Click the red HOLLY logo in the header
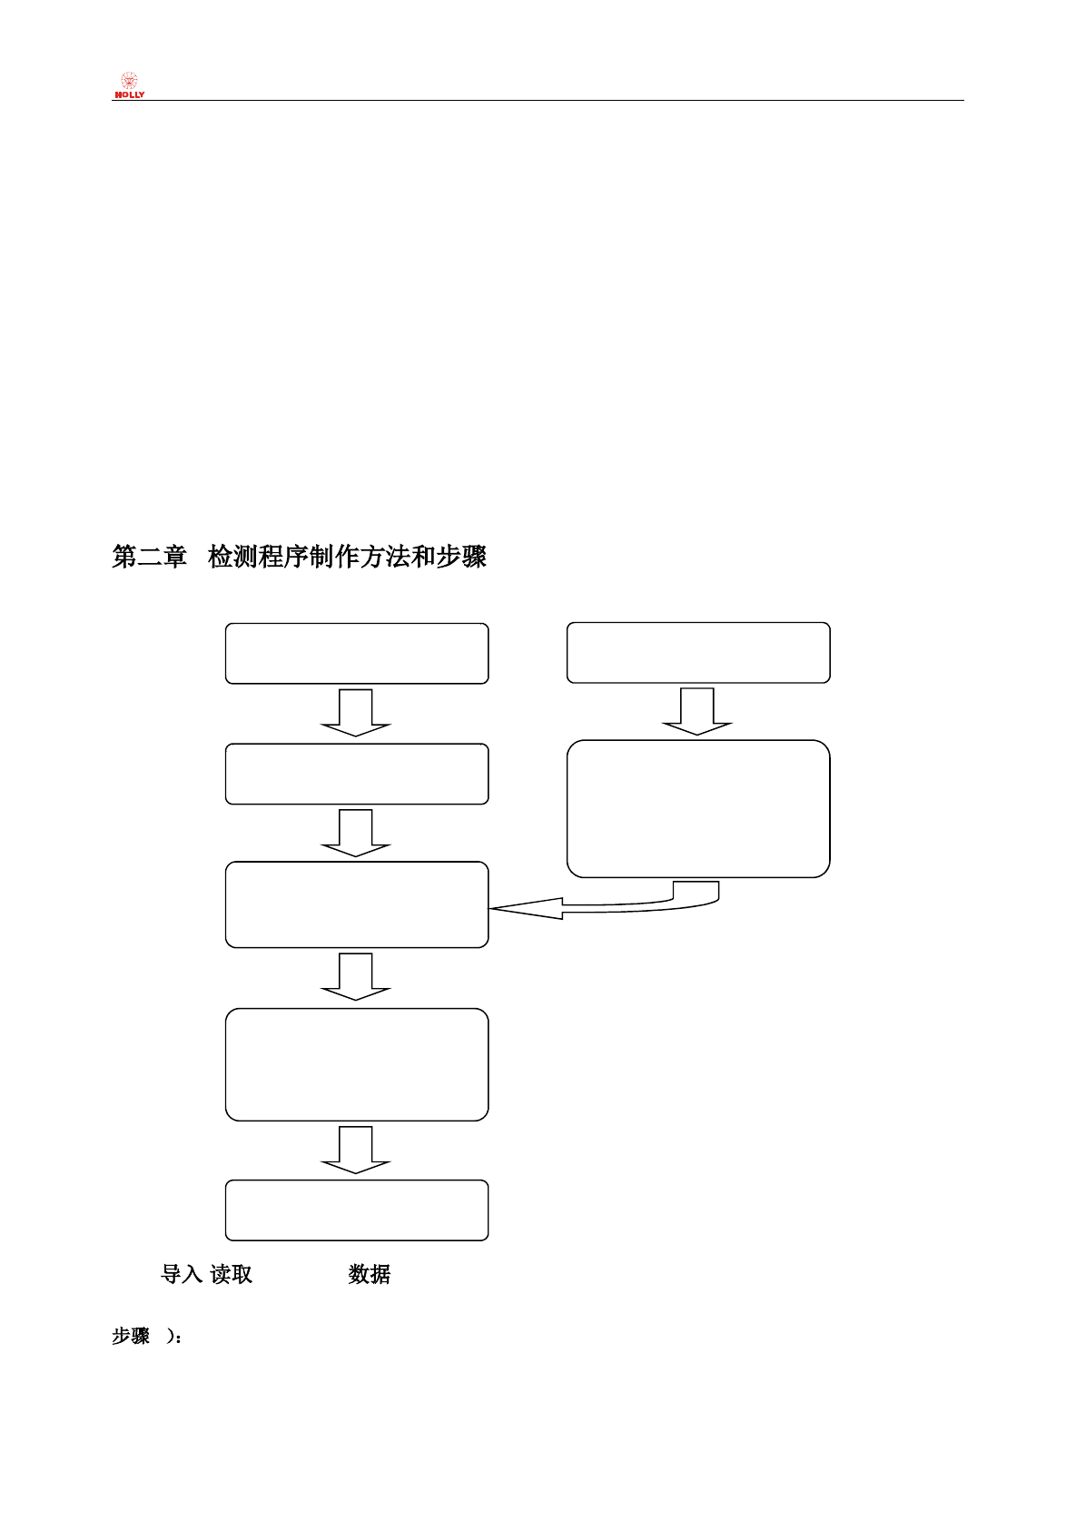click(x=129, y=85)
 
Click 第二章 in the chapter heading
click(x=149, y=557)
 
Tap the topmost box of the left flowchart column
click(x=357, y=653)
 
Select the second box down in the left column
click(x=357, y=774)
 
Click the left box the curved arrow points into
click(x=357, y=904)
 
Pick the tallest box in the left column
click(x=357, y=1064)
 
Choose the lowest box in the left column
click(x=357, y=1210)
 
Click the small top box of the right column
click(x=698, y=652)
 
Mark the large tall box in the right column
click(x=698, y=808)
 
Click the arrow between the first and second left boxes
click(x=356, y=713)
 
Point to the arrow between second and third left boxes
click(x=356, y=833)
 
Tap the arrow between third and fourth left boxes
click(x=356, y=977)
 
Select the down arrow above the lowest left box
click(x=356, y=1150)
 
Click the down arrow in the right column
click(x=697, y=711)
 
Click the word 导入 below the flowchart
click(x=182, y=1274)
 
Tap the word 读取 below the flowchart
click(x=232, y=1274)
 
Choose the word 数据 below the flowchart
click(x=370, y=1274)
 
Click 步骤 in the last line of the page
click(x=131, y=1336)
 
